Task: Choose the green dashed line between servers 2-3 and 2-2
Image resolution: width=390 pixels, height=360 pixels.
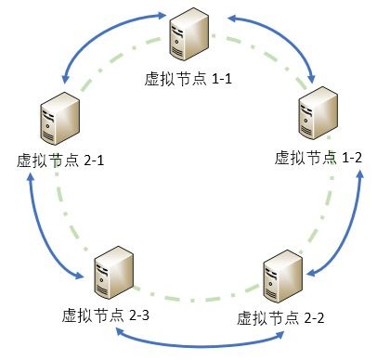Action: click(x=197, y=299)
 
